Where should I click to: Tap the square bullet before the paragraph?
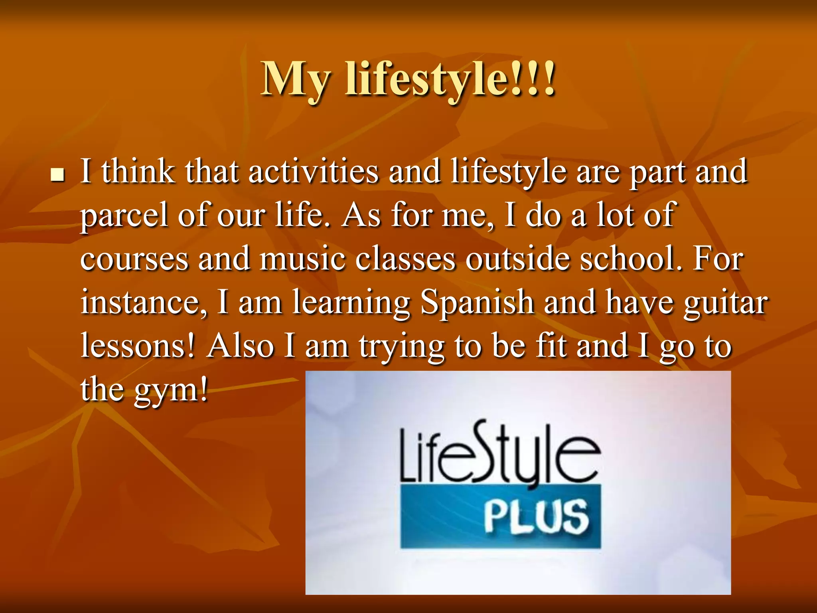(x=58, y=175)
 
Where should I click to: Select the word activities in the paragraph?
(x=313, y=172)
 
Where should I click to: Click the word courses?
(x=134, y=259)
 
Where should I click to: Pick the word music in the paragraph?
(x=302, y=259)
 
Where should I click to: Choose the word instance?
(x=144, y=303)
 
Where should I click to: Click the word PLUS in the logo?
(x=536, y=517)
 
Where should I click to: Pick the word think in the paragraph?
(x=138, y=172)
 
